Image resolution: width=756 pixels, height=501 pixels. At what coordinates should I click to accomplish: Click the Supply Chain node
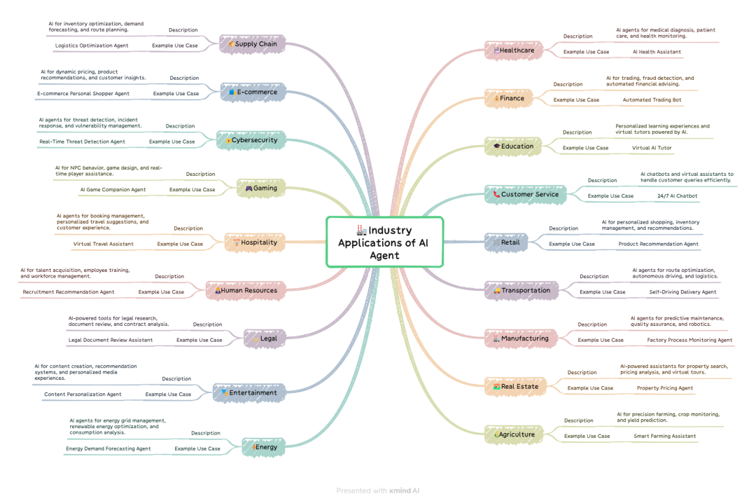coord(252,44)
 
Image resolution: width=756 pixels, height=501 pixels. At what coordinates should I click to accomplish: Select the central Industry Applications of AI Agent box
coord(385,242)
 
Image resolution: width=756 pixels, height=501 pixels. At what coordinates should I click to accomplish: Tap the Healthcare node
coord(514,50)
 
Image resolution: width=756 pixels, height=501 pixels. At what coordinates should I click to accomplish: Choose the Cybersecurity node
coord(251,140)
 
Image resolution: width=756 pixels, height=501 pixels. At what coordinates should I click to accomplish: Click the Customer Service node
coord(526,195)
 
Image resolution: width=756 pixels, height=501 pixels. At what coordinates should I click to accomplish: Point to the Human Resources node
coord(246,291)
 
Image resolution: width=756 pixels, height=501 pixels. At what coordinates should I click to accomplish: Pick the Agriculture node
coord(514,434)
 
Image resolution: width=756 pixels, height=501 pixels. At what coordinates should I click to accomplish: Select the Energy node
coord(263,447)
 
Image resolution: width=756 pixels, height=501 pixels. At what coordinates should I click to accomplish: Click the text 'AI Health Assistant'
coord(657,52)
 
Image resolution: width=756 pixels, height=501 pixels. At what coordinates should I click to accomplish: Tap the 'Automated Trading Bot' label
coord(652,100)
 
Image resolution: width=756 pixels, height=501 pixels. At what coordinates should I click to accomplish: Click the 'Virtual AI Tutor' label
coord(652,148)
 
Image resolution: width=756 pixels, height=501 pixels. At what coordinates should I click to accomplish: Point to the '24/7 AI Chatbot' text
coord(677,196)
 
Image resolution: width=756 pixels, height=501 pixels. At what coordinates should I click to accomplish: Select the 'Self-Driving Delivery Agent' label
coord(682,292)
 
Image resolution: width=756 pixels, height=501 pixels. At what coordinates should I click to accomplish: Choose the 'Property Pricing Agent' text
coord(664,388)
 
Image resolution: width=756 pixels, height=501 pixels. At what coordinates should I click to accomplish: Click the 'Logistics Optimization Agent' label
coord(92,46)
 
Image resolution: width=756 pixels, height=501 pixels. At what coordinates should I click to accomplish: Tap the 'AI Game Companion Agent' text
coord(113,190)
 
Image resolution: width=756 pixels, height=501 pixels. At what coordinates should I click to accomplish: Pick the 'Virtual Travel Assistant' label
coord(103,245)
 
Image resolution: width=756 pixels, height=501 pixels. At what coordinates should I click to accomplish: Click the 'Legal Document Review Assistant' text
coord(111,341)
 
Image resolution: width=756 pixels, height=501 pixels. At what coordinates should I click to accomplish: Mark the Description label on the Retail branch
coord(563,228)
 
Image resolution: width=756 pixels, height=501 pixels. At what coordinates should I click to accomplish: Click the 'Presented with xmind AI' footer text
coord(377,490)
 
